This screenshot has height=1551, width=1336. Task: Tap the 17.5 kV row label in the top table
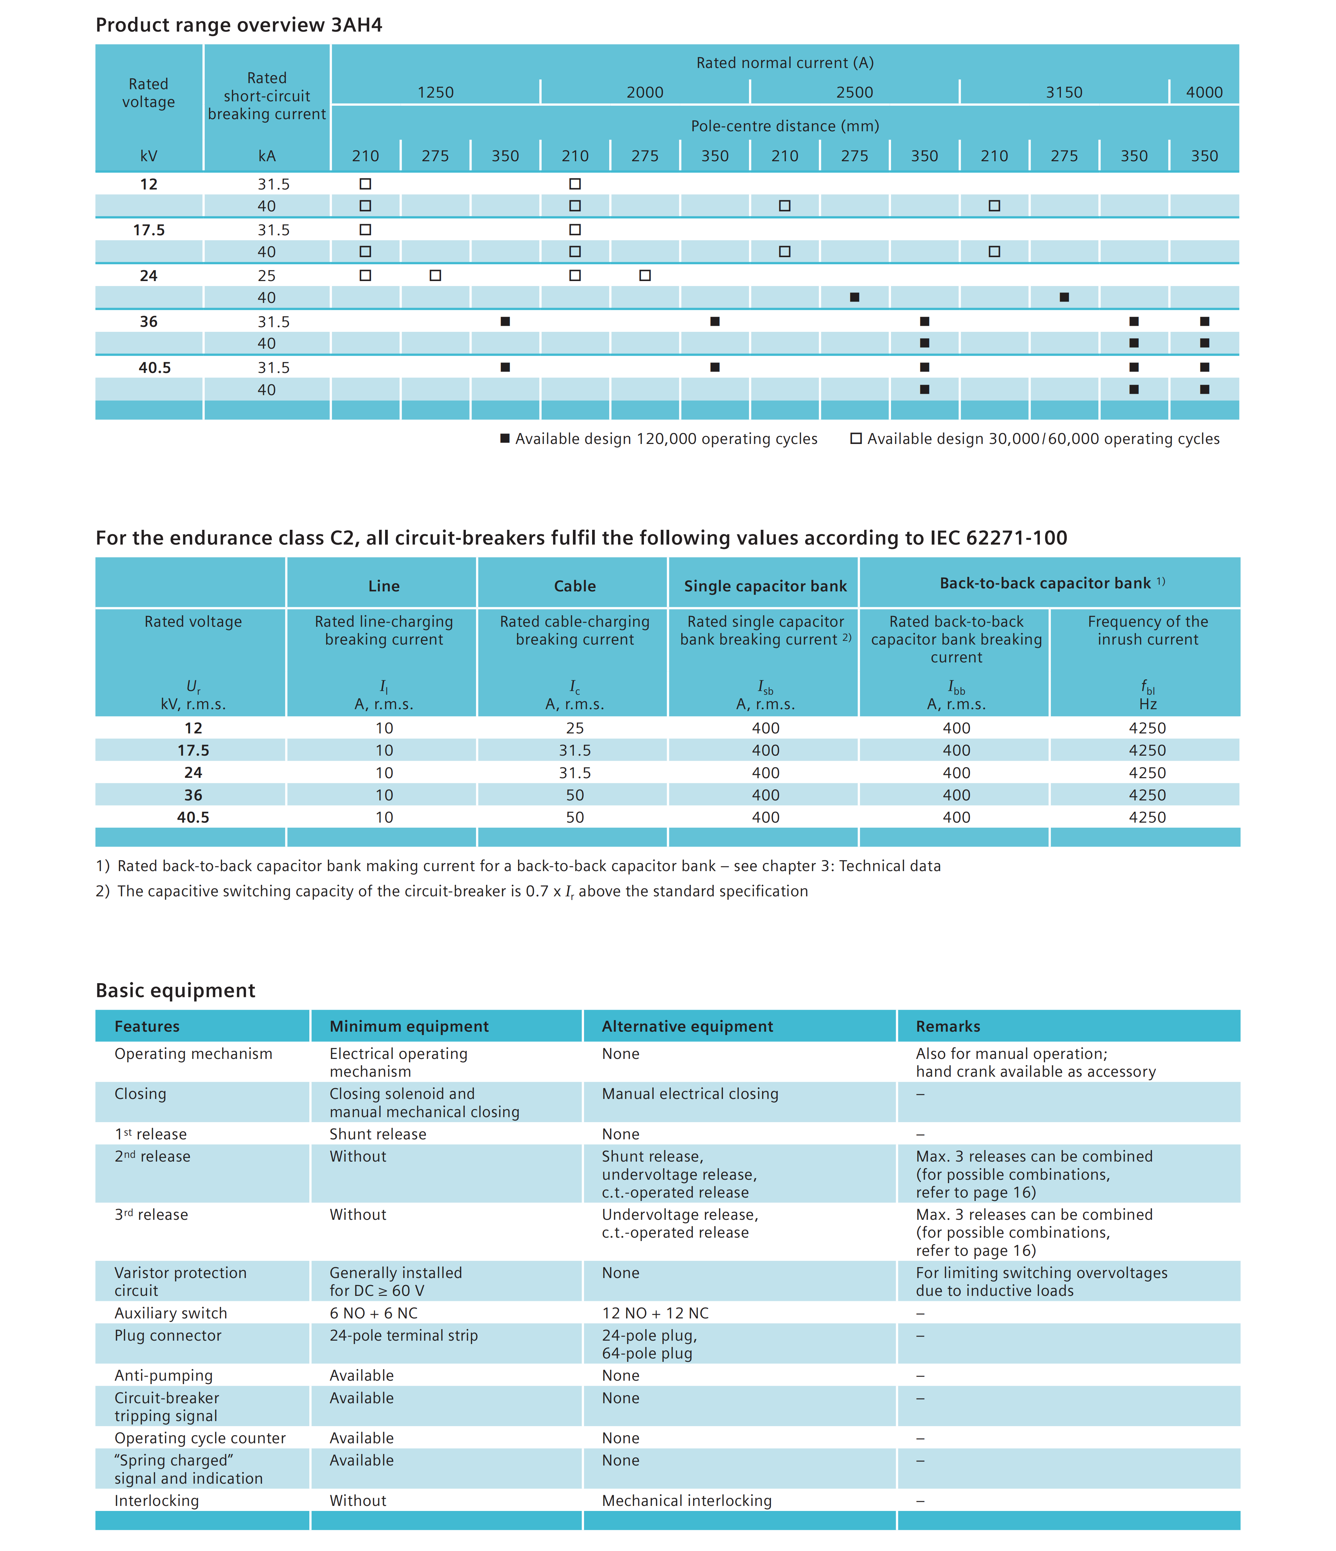coord(149,230)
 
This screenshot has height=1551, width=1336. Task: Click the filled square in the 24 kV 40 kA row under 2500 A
coord(855,297)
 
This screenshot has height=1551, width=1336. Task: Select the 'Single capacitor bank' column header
coord(765,586)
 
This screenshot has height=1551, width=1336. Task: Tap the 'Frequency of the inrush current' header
coord(1147,630)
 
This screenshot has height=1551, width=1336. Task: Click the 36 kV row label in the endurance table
coord(193,795)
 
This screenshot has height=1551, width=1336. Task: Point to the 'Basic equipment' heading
coord(175,990)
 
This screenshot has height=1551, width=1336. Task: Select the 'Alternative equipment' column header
coord(687,1026)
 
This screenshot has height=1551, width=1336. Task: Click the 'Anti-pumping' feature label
coord(163,1375)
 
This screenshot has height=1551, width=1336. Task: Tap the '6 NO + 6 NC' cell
coord(374,1313)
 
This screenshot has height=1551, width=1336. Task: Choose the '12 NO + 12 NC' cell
coord(655,1313)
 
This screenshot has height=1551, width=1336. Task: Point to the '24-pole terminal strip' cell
coord(403,1336)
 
